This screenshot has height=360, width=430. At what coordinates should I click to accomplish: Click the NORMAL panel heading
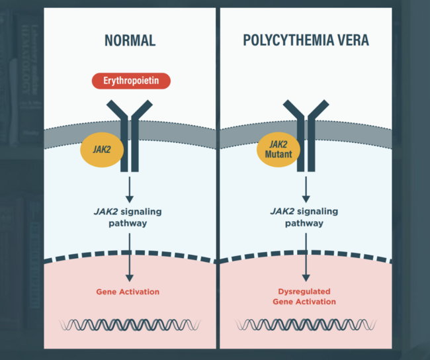(130, 40)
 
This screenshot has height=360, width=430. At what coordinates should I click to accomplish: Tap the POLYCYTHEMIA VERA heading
(306, 40)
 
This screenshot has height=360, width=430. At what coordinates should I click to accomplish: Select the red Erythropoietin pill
(130, 81)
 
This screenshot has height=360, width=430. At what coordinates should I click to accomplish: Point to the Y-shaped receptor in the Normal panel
(130, 132)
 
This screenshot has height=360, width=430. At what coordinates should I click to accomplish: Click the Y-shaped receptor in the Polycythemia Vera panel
(306, 132)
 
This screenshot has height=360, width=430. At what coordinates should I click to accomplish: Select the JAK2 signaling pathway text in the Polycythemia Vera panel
(305, 217)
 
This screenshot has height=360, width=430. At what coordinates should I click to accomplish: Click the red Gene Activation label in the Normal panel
(128, 291)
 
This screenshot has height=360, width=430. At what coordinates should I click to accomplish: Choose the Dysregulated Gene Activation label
(304, 296)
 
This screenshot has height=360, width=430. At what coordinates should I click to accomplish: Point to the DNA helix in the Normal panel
(130, 324)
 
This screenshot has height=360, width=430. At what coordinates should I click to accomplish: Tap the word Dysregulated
(304, 291)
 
